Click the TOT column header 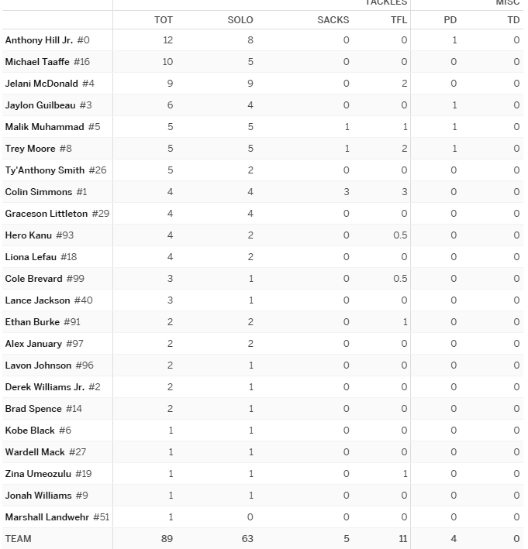coord(164,19)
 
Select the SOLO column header coord(240,19)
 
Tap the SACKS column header coord(333,19)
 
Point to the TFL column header coord(399,19)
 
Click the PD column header coord(450,19)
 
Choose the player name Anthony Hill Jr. coord(39,40)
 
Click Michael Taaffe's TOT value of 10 coord(167,62)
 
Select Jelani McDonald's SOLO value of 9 coord(250,84)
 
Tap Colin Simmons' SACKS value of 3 coord(347,192)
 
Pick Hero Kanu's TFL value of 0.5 coord(399,235)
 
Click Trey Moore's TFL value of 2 coord(404,149)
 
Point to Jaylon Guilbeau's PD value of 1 coord(454,105)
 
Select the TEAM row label coord(19,539)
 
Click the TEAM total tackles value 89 coord(167,539)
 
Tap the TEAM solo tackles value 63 coord(247,539)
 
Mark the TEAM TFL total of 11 coord(402,539)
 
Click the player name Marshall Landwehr coord(47,517)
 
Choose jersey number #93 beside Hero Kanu coord(65,235)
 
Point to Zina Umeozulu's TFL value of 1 coord(405,474)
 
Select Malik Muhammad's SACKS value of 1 coord(347,127)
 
